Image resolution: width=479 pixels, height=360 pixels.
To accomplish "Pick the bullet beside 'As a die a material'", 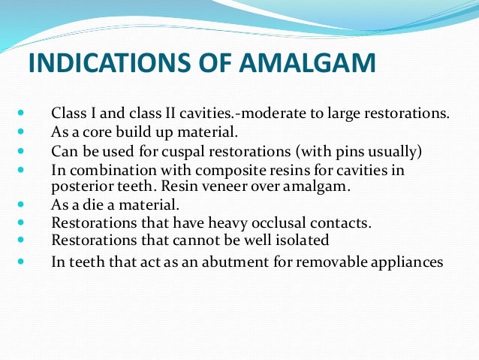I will coord(20,204).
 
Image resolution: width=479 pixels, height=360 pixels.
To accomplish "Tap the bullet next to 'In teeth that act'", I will coord(20,262).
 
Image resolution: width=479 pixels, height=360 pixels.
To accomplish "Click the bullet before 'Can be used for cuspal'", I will coord(20,152).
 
